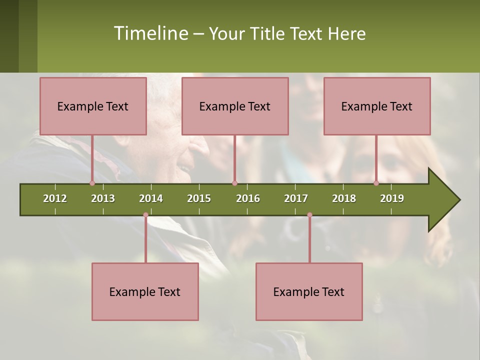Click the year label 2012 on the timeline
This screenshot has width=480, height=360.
pos(55,198)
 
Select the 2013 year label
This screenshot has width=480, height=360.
pos(103,198)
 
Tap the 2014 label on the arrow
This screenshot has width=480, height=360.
pos(151,198)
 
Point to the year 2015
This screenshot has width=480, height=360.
pos(199,198)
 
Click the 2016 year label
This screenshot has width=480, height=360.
pos(248,198)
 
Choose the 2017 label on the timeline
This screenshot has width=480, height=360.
pos(296,198)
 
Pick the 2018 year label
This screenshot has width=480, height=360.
pos(344,198)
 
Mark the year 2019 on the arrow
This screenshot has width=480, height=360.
pos(392,198)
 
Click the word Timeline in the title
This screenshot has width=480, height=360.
pos(150,33)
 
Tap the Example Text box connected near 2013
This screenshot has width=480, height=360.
pos(93,106)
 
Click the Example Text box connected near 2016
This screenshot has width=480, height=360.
pos(235,106)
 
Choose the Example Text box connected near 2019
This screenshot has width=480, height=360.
pos(377,106)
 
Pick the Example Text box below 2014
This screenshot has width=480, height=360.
pos(145,291)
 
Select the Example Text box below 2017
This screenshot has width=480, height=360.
pos(309,291)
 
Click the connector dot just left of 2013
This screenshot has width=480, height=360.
pos(92,183)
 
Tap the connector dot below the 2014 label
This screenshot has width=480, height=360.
pos(145,215)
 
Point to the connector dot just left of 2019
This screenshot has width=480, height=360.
pos(376,183)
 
